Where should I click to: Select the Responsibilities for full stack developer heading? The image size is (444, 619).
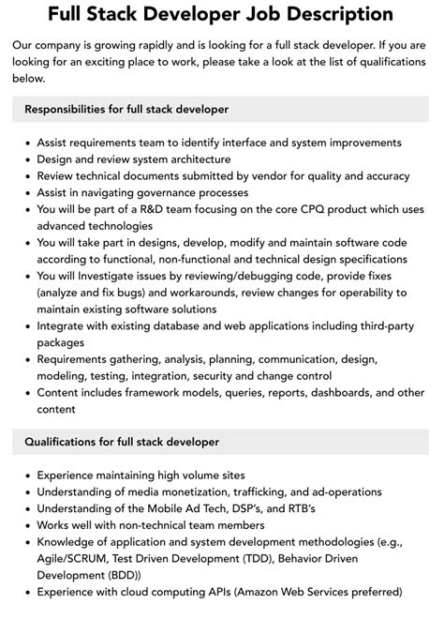[x=126, y=109]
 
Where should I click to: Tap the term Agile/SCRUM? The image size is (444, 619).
[x=72, y=559]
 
